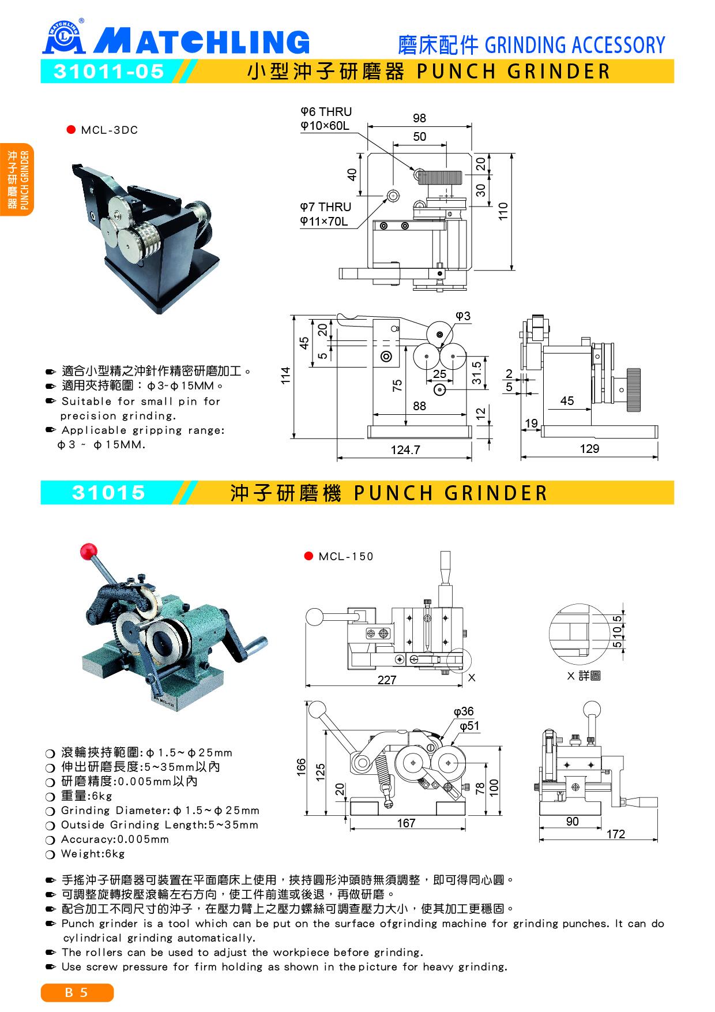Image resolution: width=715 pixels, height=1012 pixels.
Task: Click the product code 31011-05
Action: [109, 72]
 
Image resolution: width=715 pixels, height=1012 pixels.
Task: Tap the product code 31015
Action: [108, 493]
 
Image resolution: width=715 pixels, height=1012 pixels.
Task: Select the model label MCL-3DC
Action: [109, 130]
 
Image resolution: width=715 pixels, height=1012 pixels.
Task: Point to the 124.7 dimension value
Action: [405, 451]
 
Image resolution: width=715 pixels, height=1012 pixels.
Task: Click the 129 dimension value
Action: [589, 449]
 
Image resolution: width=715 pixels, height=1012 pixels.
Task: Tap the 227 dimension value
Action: [387, 680]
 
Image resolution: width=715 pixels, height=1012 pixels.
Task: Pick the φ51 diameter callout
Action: [470, 726]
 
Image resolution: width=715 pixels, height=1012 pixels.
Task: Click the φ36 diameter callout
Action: [464, 712]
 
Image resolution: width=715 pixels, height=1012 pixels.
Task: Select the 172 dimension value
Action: [616, 834]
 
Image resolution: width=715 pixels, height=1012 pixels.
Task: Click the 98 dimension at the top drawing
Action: [419, 118]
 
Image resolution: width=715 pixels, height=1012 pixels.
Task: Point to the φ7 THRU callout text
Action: [326, 207]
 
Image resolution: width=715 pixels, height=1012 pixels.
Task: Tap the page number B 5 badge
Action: [77, 993]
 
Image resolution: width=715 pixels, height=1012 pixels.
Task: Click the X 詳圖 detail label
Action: [584, 676]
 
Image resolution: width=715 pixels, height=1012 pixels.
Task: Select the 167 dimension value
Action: [407, 823]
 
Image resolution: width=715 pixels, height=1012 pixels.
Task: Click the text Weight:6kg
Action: [93, 854]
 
